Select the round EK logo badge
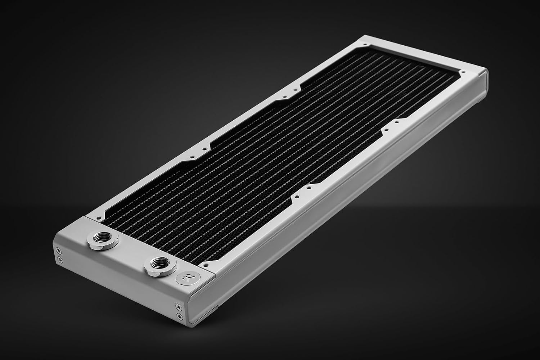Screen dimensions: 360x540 pyautogui.click(x=183, y=278)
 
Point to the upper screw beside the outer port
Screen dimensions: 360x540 pyautogui.click(x=59, y=251)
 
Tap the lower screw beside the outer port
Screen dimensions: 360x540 pyautogui.click(x=59, y=259)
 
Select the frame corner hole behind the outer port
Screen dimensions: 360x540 pyautogui.click(x=96, y=218)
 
